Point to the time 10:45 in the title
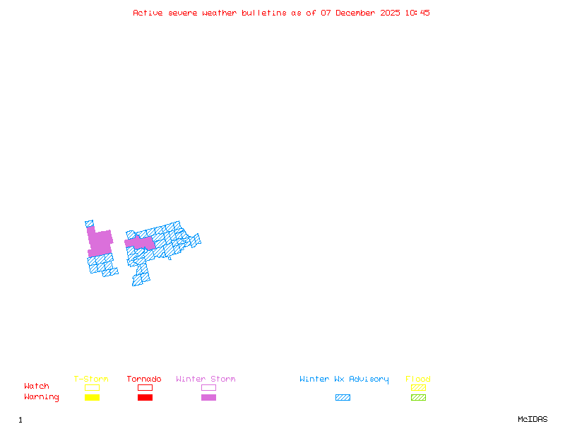pos(418,13)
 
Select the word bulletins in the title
pos(264,13)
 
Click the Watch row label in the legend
pos(37,387)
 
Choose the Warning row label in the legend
pos(42,397)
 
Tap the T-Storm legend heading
pos(91,379)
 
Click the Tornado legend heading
pos(144,379)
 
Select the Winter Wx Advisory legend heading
pos(344,379)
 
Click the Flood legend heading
pos(418,379)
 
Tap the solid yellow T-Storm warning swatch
pos(92,398)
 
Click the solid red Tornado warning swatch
pos(145,398)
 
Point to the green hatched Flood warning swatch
pos(418,398)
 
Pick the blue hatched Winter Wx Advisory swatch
pos(343,398)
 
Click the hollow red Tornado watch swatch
pos(145,387)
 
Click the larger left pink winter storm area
pos(100,243)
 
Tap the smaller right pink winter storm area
pos(141,243)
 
